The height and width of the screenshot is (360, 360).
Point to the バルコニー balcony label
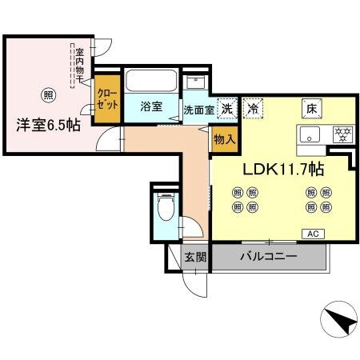point(269,257)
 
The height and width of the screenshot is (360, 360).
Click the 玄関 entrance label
point(195,258)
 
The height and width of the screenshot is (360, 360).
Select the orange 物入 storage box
point(223,138)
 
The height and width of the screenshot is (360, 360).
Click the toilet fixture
point(166,209)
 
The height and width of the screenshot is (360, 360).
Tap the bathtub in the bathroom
point(152,81)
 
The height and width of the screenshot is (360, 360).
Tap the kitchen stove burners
point(342,134)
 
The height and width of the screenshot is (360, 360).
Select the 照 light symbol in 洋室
point(49,94)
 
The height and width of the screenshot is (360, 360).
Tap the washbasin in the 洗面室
point(195,82)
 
